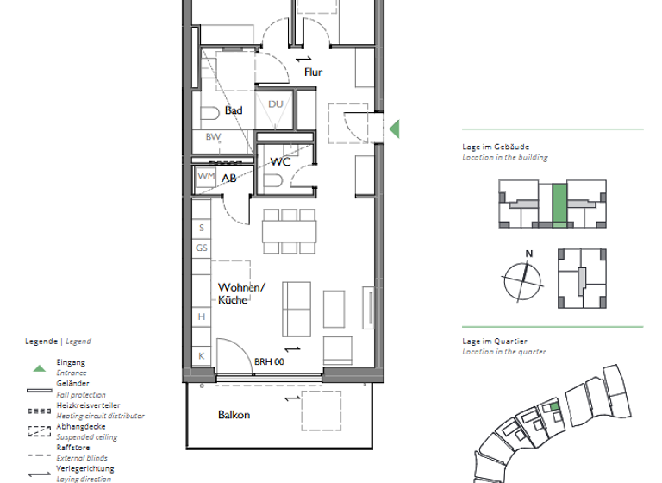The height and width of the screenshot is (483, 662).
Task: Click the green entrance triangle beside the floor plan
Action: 394,129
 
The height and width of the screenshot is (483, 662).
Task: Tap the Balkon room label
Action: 234,415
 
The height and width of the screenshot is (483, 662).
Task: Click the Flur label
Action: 313,72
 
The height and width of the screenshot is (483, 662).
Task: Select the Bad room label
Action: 234,110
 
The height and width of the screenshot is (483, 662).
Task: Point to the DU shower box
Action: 275,105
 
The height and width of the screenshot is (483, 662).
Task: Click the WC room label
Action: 280,161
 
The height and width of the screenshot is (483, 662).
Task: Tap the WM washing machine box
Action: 205,176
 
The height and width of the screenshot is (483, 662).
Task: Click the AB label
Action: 229,179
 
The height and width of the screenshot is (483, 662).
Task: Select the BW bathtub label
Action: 212,137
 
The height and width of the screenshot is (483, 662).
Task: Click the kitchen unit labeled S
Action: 202,229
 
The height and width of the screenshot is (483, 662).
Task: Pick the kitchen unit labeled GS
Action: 202,248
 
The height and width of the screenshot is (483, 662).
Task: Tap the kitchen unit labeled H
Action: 202,317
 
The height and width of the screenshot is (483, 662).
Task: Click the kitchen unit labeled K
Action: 202,355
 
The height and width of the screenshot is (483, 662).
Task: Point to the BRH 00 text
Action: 269,362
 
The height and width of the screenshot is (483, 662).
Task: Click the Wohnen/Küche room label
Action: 241,293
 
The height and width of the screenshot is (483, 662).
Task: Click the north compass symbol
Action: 523,277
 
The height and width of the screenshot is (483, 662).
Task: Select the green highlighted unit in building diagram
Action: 559,205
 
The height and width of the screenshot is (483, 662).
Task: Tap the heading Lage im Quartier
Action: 495,342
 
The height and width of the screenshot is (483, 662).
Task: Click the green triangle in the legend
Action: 39,368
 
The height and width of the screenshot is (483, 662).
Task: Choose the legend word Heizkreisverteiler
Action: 88,405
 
